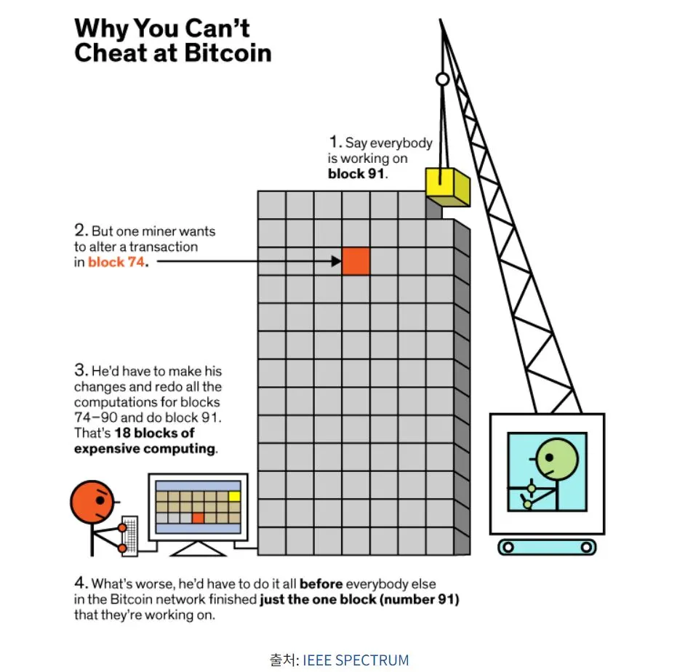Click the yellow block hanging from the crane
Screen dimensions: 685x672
point(448,187)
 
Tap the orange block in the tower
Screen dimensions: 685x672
point(356,261)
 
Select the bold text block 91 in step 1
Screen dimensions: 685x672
point(356,174)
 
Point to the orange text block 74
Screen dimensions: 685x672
point(116,262)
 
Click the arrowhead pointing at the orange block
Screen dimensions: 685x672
point(336,261)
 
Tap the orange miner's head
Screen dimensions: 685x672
point(92,503)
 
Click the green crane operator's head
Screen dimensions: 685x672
point(556,459)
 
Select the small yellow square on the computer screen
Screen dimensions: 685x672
point(235,496)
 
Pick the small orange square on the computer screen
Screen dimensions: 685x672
point(198,518)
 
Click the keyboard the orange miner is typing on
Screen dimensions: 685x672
point(129,536)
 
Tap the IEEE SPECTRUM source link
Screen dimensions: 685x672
point(356,660)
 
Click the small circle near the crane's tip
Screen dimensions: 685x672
point(443,79)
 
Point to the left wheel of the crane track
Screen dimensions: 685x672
point(508,547)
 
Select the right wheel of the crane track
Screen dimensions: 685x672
point(586,547)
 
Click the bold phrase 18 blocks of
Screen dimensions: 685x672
point(154,433)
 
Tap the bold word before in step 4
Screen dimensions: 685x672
point(321,584)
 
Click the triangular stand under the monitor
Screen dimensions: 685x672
point(199,549)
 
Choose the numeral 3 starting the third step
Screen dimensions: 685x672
point(81,370)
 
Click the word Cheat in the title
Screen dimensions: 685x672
point(108,53)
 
